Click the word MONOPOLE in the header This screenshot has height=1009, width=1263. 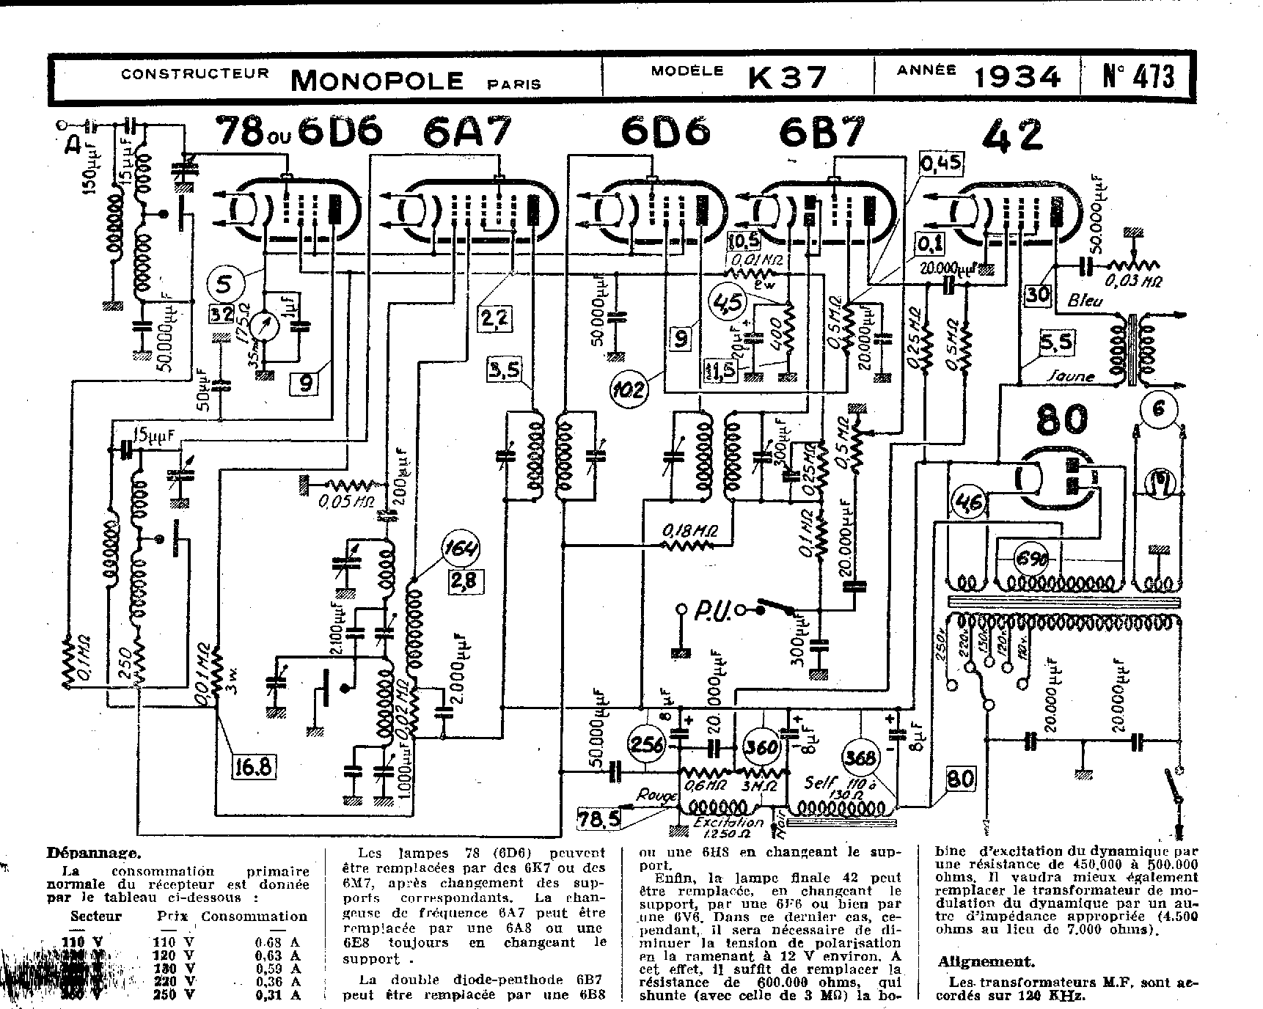pyautogui.click(x=377, y=79)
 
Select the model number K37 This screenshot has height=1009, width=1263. pyautogui.click(x=788, y=77)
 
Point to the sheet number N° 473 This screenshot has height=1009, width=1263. pyautogui.click(x=1138, y=77)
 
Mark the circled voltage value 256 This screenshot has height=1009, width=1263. pyautogui.click(x=648, y=746)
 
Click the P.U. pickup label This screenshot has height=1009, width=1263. pyautogui.click(x=709, y=611)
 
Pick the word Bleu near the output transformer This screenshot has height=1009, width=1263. pyautogui.click(x=1084, y=301)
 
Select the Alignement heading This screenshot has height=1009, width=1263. pyautogui.click(x=986, y=962)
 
